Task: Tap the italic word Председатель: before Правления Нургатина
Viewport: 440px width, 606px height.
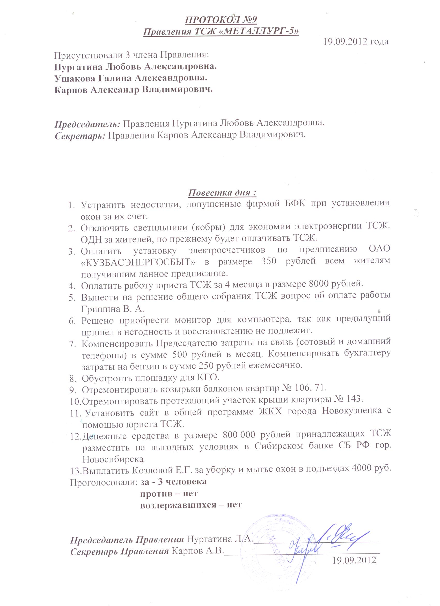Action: pos(87,124)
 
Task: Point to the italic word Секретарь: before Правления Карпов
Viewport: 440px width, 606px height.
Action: pos(80,135)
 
